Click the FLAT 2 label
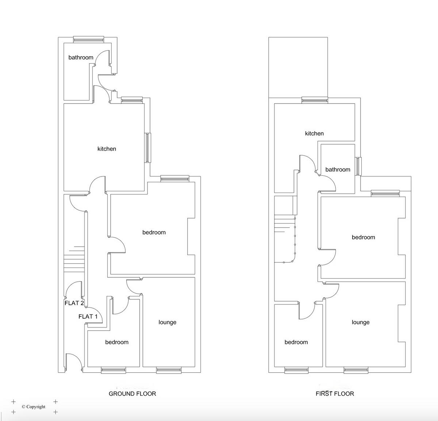74,303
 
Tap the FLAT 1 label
88,316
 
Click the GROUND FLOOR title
132,394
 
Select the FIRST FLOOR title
335,394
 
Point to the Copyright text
34,407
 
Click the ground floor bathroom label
81,57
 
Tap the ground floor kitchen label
107,149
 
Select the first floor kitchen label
314,133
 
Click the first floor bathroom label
338,170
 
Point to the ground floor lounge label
167,322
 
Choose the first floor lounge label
360,322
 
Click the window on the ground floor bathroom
89,39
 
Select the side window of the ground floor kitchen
148,148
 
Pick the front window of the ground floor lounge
169,370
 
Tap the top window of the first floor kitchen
314,100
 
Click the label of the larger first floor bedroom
363,237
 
